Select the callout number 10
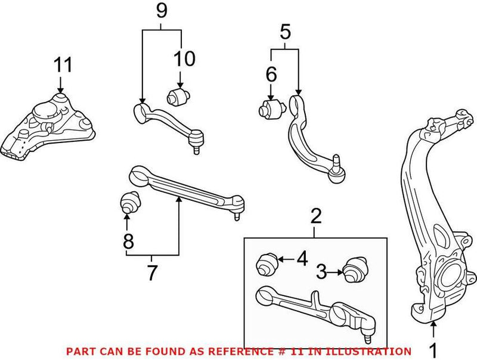(x=184, y=58)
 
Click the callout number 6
(x=271, y=75)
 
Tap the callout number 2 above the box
(x=316, y=216)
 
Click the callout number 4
(x=302, y=259)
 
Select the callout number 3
(x=321, y=273)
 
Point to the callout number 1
(x=433, y=348)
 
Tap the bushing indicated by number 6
(x=270, y=109)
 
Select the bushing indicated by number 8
(x=129, y=203)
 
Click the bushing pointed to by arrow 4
(x=267, y=263)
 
